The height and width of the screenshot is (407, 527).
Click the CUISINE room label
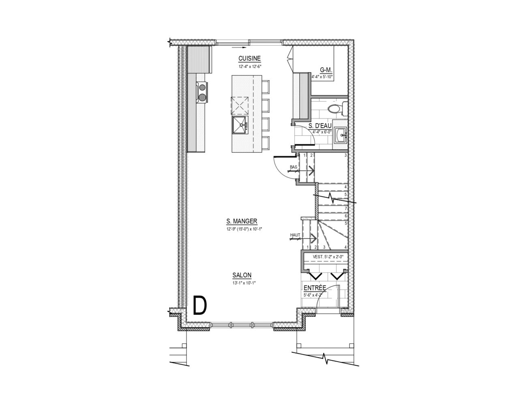[x=249, y=58]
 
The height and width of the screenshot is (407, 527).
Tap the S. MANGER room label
[x=242, y=221]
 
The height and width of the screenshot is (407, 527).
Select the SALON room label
[x=242, y=275]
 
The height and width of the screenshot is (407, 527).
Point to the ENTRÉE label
[x=315, y=288]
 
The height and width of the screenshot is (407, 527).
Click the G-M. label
[x=326, y=70]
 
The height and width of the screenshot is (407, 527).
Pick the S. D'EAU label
[x=320, y=126]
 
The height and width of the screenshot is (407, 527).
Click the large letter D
[x=200, y=306]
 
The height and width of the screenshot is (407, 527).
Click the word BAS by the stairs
[x=293, y=167]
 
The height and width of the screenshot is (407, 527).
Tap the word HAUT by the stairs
[x=295, y=235]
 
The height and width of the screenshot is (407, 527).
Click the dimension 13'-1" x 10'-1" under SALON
[x=244, y=283]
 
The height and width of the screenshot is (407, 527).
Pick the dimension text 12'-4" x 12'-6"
[x=250, y=66]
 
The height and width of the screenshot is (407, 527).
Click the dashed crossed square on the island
[x=239, y=106]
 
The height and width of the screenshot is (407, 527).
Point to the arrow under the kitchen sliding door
[x=239, y=47]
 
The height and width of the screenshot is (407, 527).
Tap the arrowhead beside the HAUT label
[x=314, y=239]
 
